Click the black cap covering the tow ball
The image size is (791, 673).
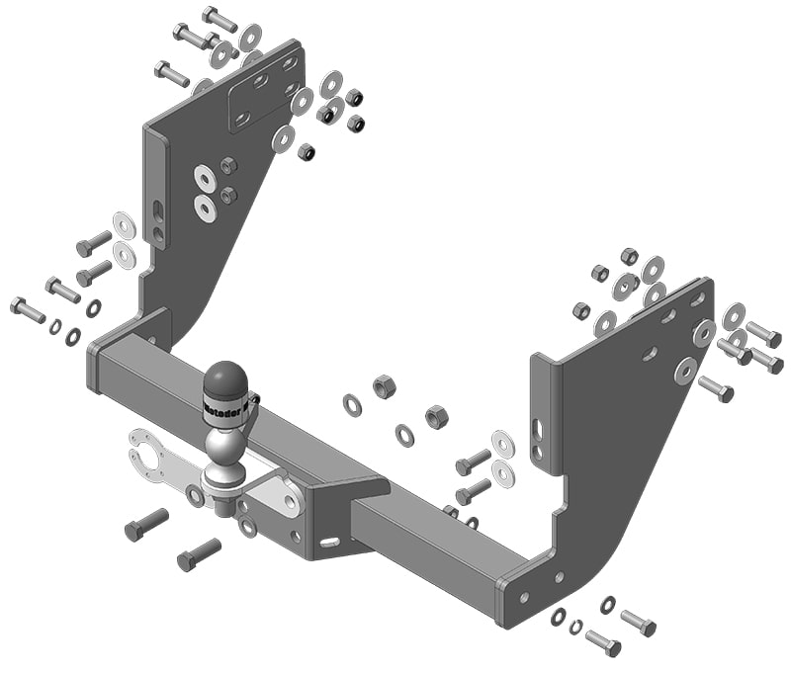coord(226,378)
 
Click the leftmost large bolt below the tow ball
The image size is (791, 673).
coord(146,524)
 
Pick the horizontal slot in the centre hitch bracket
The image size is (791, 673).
coord(329,542)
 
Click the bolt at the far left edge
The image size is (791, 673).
coord(28,309)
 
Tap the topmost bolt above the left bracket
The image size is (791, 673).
coord(220,19)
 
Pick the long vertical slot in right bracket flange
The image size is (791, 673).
coord(538,430)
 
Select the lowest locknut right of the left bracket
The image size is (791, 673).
coord(307,152)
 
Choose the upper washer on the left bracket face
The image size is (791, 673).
coord(206,178)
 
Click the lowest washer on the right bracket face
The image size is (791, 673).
coord(685,371)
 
